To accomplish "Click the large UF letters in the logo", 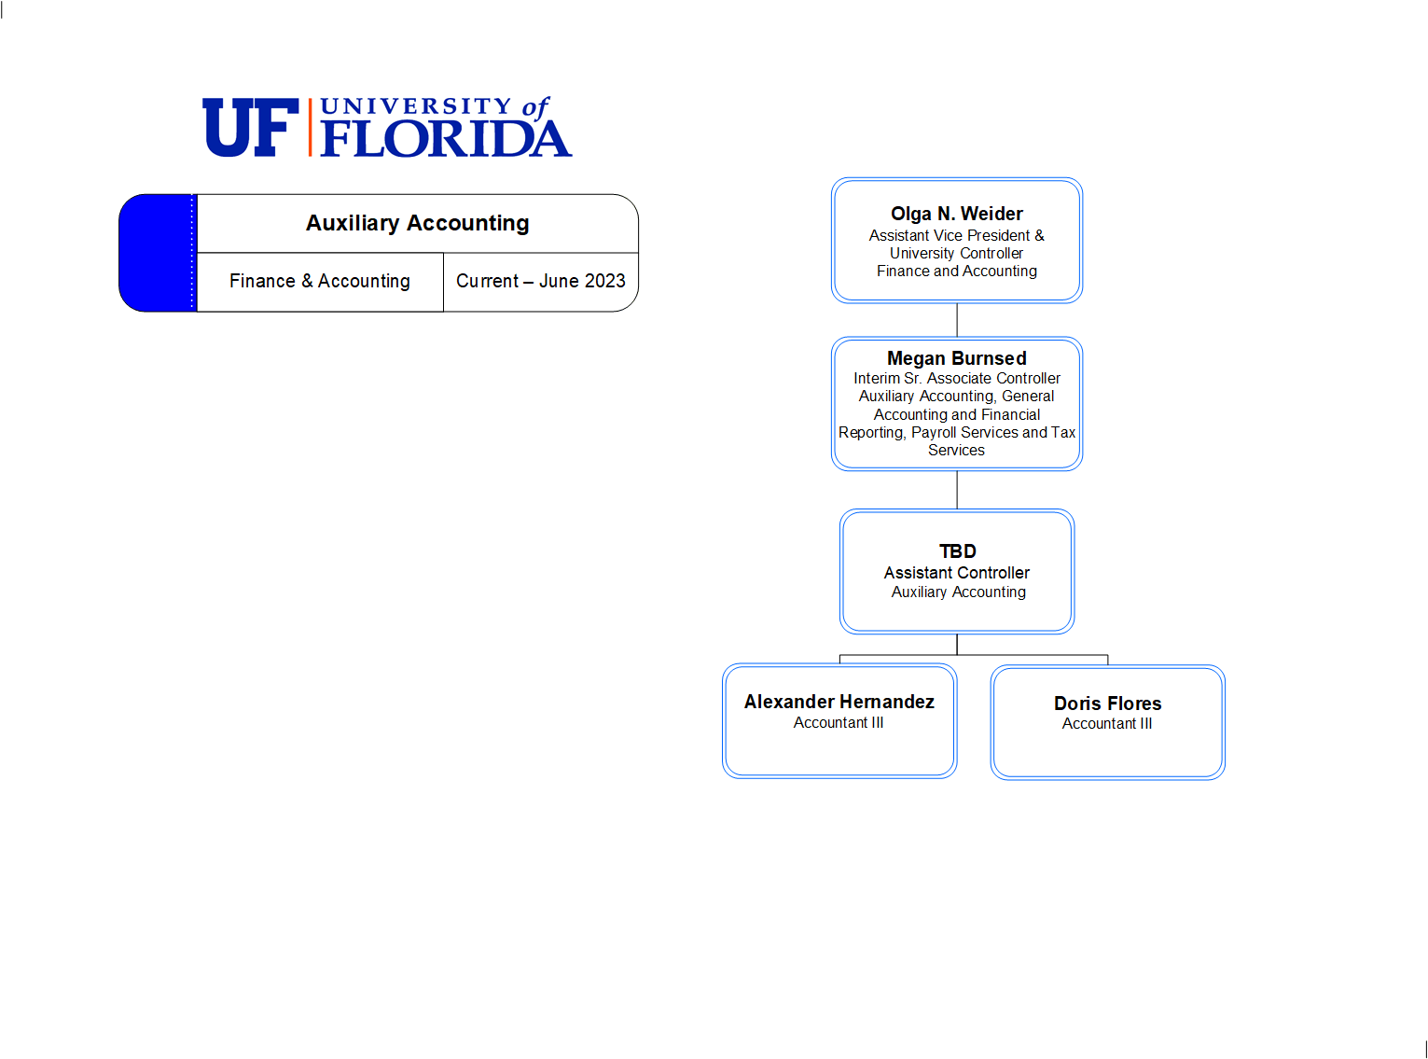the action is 251,127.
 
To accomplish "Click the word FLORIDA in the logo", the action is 446,137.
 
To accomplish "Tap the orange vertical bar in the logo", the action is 310,127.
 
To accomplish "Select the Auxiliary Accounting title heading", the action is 417,223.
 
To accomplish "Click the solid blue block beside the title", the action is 158,253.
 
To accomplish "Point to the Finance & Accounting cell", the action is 319,281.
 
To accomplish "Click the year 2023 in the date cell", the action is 605,281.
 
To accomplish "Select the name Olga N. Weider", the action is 956,214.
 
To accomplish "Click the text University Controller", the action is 956,253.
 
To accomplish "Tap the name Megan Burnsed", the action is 956,358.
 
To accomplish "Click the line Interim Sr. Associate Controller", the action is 956,378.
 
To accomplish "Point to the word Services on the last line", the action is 956,451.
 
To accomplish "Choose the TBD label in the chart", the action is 957,551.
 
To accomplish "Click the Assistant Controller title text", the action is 956,573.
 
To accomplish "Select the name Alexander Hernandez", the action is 839,702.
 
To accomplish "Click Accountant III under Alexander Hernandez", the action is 839,723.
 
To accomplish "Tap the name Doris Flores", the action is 1107,704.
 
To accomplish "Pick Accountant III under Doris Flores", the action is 1107,724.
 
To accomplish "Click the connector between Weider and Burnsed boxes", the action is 957,320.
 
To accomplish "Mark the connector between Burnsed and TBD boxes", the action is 957,490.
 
